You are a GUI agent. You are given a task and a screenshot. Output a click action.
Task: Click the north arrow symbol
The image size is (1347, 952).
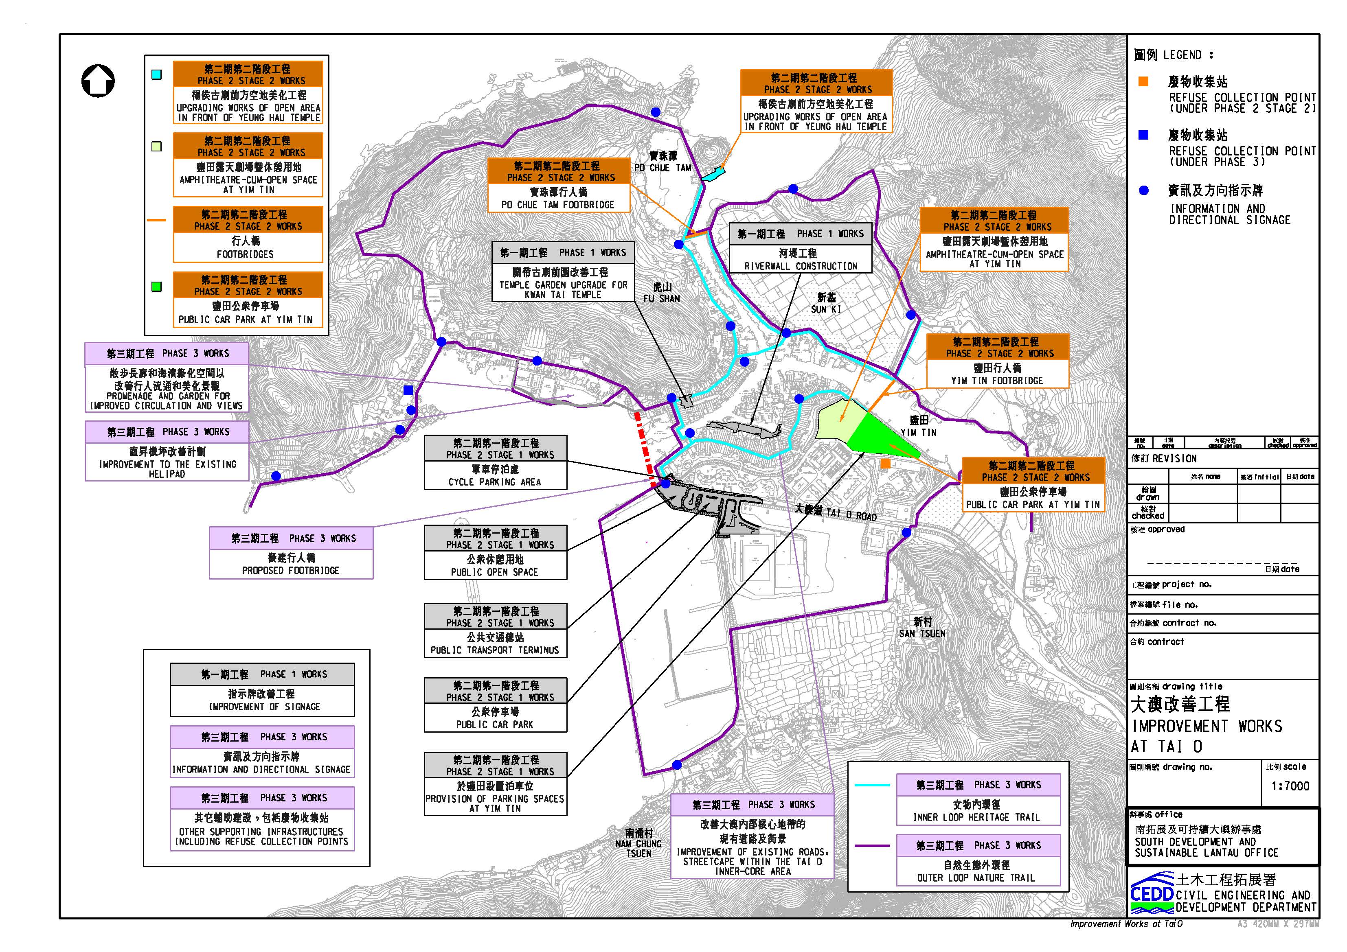point(98,81)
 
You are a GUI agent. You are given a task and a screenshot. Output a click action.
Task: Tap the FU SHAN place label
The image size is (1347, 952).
point(662,293)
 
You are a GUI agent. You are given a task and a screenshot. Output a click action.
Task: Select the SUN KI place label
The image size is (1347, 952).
point(826,303)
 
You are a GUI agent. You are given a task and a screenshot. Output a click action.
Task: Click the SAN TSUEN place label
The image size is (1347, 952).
point(922,627)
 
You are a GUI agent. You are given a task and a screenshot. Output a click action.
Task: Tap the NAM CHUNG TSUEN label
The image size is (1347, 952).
point(639,843)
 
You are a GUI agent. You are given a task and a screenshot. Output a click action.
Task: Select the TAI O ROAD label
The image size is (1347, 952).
point(836,512)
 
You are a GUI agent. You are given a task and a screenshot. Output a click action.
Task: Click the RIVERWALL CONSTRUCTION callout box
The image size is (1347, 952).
point(800,247)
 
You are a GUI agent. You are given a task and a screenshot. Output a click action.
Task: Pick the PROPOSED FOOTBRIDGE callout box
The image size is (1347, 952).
point(291,553)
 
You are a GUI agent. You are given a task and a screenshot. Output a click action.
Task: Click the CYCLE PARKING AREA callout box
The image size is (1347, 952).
point(495,462)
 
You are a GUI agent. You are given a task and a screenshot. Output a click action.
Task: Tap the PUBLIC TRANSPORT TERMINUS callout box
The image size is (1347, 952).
point(495,630)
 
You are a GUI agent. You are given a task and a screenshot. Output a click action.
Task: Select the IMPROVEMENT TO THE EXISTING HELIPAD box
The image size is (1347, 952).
point(167,451)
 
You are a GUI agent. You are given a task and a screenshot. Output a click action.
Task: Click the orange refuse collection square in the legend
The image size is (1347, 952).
point(1143,81)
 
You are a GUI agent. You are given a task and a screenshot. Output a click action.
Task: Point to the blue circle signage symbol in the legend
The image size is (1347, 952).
point(1143,190)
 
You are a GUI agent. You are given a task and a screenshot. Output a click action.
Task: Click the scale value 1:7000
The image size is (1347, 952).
point(1290,786)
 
